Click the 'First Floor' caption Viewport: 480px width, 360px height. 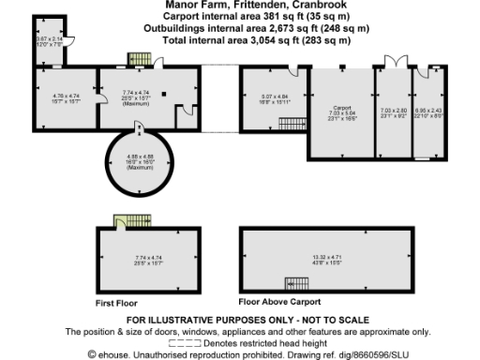pyautogui.click(x=116, y=304)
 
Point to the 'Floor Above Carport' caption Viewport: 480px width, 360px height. pyautogui.click(x=279, y=302)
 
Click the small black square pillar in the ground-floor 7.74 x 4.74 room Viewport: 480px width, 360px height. pyautogui.click(x=162, y=94)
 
